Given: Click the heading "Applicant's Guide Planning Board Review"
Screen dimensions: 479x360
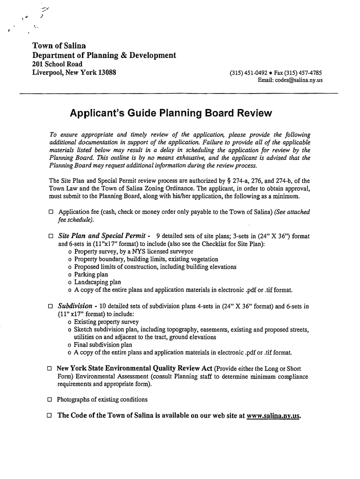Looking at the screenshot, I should point(170,114).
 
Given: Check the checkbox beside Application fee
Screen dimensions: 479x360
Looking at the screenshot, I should point(51,212).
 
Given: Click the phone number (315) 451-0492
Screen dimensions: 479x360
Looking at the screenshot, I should point(249,73).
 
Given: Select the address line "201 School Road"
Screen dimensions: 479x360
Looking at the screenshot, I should point(57,64).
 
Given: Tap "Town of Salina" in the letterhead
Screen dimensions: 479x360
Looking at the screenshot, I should point(59,46).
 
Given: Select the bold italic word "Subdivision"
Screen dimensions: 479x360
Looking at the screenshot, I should point(75,306).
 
